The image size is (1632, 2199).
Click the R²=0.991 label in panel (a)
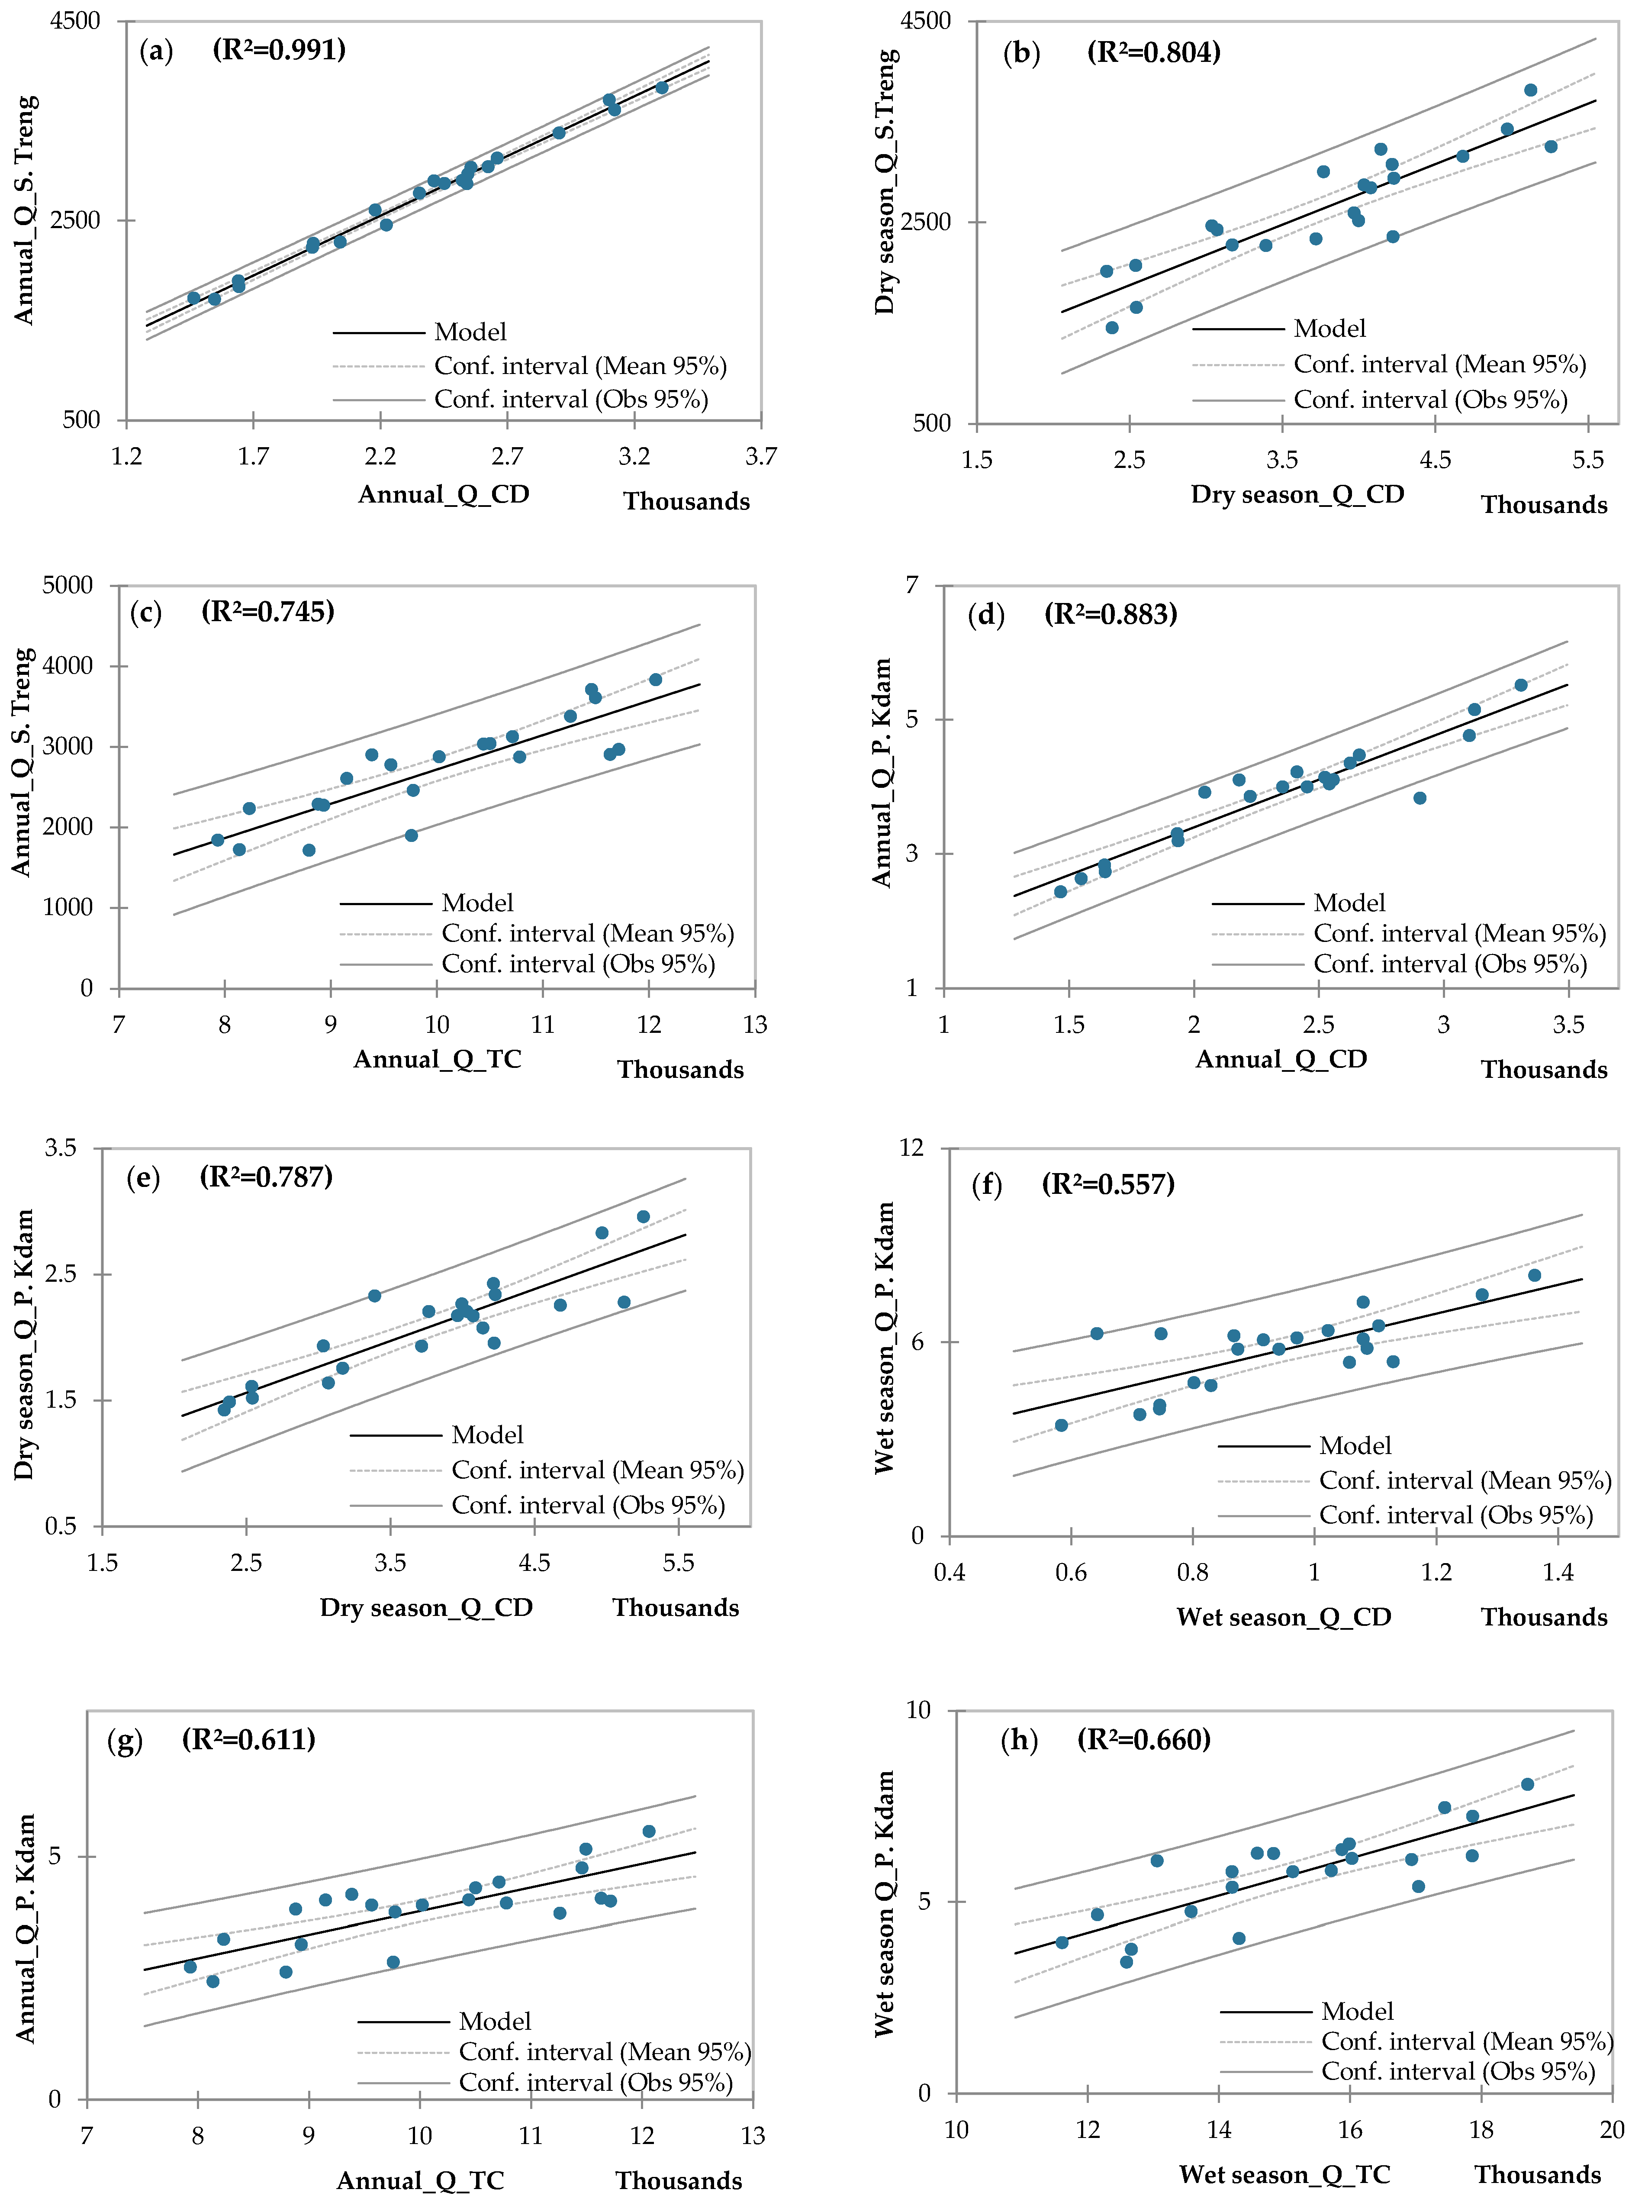(x=280, y=49)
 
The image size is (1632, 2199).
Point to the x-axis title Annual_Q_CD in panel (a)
(x=444, y=494)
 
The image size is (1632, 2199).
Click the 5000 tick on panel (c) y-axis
(x=67, y=585)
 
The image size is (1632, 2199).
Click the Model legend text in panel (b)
(x=1329, y=328)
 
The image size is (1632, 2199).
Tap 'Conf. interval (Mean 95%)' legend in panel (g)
(x=605, y=2052)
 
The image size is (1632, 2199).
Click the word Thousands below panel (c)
(x=681, y=1070)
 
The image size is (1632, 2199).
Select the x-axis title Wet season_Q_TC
(x=1284, y=2174)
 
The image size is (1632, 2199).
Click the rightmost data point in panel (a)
(x=662, y=88)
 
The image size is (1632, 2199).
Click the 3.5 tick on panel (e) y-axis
(x=60, y=1148)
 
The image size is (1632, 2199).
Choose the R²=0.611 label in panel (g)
(x=249, y=1740)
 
